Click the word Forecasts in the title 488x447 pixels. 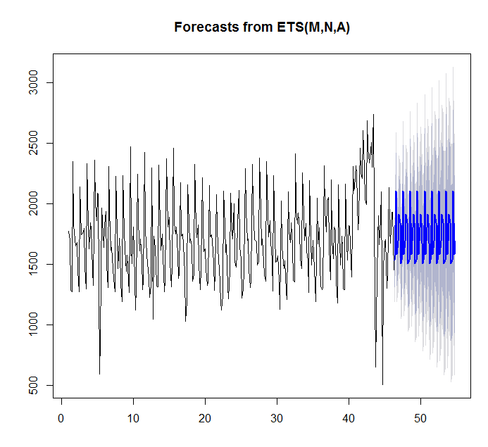click(x=205, y=27)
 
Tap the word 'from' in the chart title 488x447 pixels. click(x=255, y=27)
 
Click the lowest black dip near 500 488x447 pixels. click(x=382, y=384)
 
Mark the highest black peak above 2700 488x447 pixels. click(x=373, y=115)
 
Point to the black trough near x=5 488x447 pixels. click(x=99, y=373)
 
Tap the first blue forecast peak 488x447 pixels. click(x=396, y=191)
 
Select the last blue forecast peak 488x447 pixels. click(x=453, y=191)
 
